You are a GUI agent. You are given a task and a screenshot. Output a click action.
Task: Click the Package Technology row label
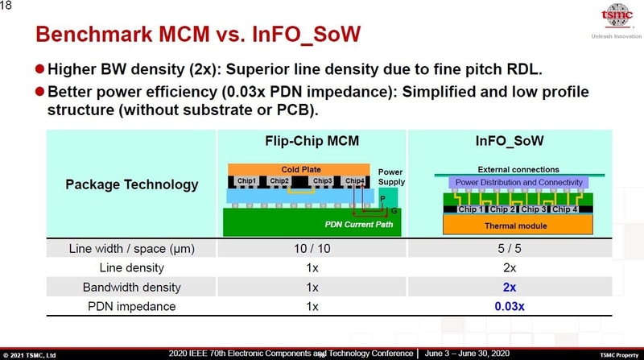tap(131, 184)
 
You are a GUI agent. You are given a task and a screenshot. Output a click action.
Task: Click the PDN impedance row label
tap(131, 306)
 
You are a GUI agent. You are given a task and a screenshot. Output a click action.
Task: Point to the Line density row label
tap(131, 267)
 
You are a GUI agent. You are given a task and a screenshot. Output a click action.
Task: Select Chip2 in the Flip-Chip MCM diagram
tap(279, 181)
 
